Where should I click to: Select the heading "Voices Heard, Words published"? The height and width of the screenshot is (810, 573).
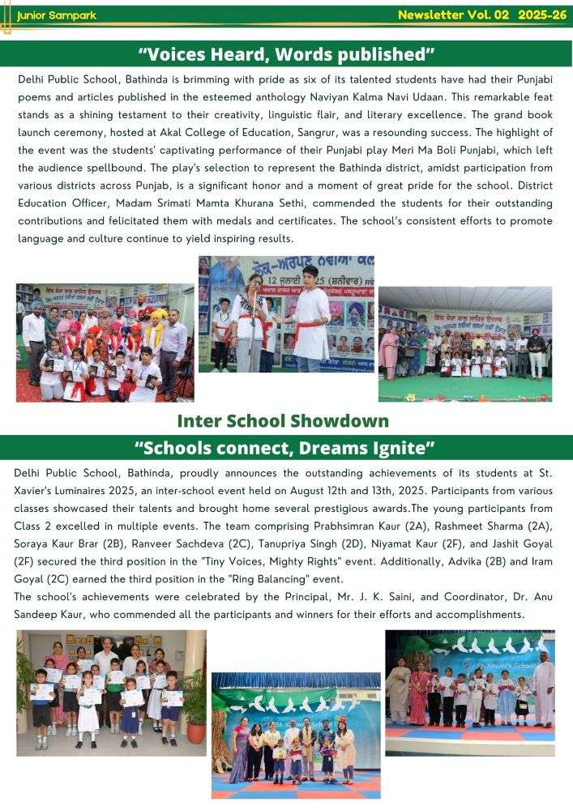[x=286, y=54]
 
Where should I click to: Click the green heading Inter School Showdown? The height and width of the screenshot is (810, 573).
[x=283, y=421]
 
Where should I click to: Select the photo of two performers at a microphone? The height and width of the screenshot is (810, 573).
[x=285, y=313]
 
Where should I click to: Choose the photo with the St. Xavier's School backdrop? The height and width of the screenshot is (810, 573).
[x=469, y=680]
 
